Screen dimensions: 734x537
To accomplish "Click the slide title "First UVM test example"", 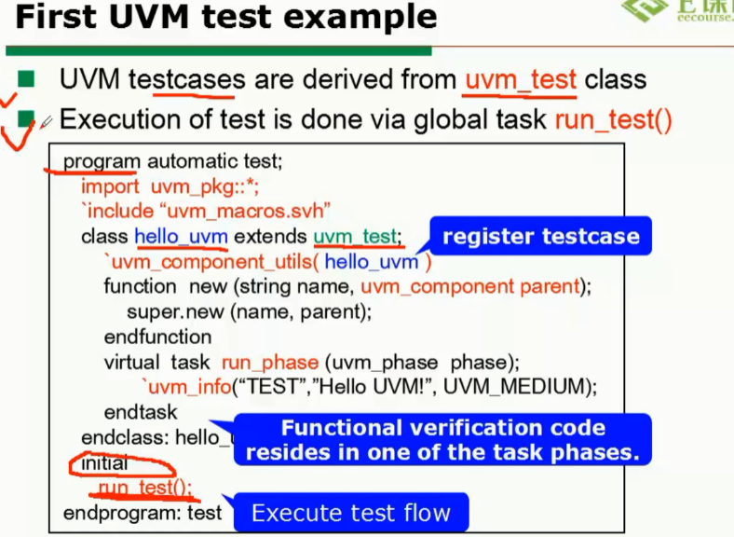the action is [226, 17].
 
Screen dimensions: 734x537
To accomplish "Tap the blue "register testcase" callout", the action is [540, 237].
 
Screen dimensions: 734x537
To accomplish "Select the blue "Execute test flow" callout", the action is [350, 513].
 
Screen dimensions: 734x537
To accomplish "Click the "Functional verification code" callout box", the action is [442, 441].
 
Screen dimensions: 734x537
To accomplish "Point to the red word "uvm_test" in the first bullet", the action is [521, 80].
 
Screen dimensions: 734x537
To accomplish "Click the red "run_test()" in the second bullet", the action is [613, 120].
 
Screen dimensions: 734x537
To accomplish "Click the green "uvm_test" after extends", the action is [354, 237].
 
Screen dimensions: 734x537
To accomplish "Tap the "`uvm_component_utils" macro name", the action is [212, 262].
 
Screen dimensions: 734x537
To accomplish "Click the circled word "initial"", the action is [105, 462].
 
